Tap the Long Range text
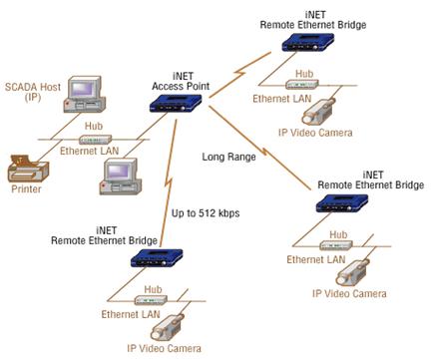[x=228, y=158]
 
